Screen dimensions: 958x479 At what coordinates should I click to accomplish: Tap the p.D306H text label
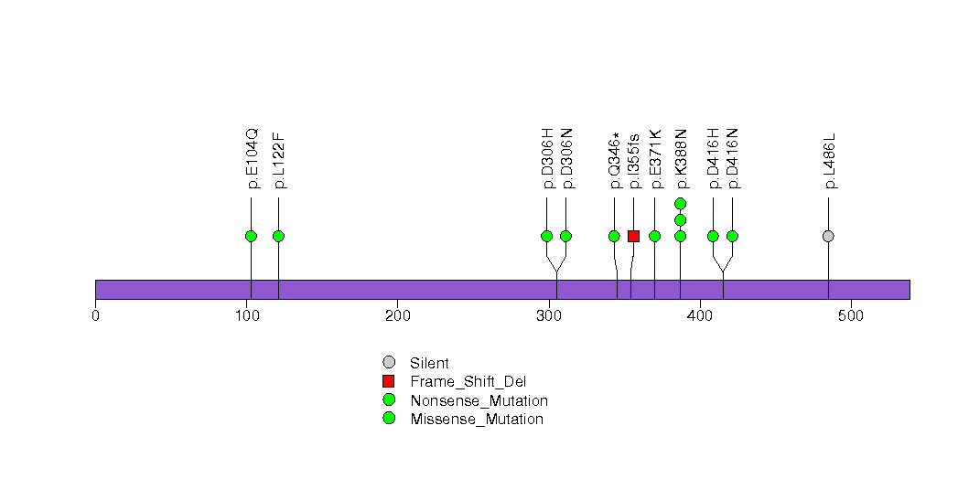547,158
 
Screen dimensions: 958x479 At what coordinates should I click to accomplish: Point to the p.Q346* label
615,161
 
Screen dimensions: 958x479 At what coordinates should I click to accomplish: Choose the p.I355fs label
634,162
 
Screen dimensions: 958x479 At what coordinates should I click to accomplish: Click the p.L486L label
830,161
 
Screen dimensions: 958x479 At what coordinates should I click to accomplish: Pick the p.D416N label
734,158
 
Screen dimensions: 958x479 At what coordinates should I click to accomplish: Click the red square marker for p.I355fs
633,236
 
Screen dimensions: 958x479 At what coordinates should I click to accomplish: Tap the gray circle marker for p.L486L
828,236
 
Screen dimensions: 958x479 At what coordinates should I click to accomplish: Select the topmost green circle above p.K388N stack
681,203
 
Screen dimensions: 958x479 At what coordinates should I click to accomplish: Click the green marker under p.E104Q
251,236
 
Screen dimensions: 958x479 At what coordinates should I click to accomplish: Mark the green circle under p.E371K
655,236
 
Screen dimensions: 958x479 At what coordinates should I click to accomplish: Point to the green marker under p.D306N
565,236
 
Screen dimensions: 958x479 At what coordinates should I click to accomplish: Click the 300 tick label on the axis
549,316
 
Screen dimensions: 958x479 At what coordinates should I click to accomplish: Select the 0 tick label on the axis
95,316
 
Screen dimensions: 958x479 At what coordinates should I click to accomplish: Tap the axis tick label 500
851,316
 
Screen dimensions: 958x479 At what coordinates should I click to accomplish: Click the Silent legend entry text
429,363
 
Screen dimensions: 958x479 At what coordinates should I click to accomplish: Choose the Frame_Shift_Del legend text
468,382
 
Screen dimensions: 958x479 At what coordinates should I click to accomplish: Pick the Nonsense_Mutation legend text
479,401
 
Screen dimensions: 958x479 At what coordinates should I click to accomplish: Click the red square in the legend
389,381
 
